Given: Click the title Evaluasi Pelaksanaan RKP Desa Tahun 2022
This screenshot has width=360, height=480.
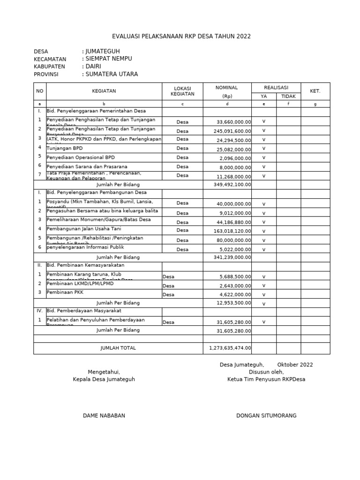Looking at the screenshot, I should [x=181, y=37].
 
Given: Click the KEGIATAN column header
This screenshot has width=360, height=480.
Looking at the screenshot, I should [x=104, y=91].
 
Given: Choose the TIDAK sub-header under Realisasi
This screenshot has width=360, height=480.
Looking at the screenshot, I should [x=288, y=96].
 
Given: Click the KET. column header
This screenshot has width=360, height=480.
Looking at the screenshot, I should [x=315, y=91].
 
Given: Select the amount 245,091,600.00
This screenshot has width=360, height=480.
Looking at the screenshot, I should [x=228, y=131].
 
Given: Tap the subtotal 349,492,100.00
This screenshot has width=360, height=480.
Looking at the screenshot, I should [x=228, y=184].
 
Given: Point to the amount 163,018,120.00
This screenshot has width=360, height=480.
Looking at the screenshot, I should [x=228, y=231].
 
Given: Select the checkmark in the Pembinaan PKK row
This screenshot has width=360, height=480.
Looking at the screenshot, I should [x=264, y=294].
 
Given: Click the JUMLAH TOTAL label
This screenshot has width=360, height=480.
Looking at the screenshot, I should [x=118, y=348].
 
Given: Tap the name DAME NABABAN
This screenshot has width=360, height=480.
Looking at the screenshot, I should [x=104, y=416].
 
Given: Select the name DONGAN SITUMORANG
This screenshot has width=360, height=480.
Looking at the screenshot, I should [x=266, y=416].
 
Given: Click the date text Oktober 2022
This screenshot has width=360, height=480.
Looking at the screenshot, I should [x=295, y=365].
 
